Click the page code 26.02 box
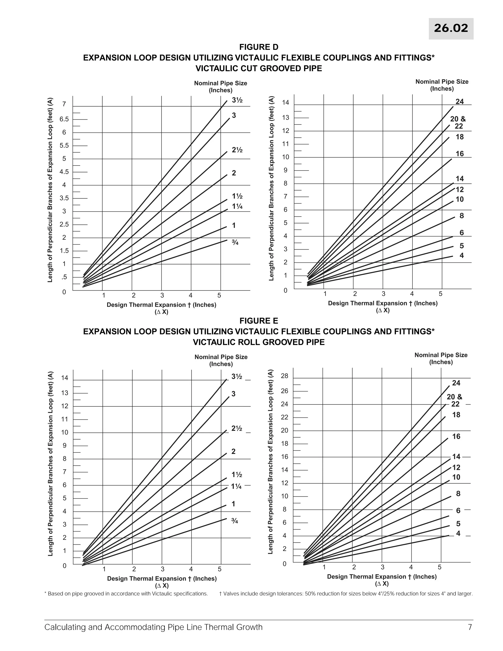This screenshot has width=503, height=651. [x=451, y=28]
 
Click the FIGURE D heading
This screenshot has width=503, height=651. [x=259, y=47]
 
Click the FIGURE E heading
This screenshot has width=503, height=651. [x=259, y=321]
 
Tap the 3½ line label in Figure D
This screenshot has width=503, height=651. [x=237, y=100]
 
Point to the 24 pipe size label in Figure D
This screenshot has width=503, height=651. [x=460, y=102]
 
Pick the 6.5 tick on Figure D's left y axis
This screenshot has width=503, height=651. [x=64, y=119]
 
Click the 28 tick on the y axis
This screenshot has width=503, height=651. [x=285, y=376]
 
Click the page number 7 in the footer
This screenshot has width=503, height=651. [x=470, y=627]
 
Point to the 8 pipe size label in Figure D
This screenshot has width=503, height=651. [x=461, y=216]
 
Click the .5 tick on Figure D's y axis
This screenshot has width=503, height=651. [x=64, y=277]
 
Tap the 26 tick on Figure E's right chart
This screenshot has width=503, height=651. [x=285, y=391]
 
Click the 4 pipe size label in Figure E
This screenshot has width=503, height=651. [x=458, y=533]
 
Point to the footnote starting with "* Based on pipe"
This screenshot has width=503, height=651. [x=126, y=594]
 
